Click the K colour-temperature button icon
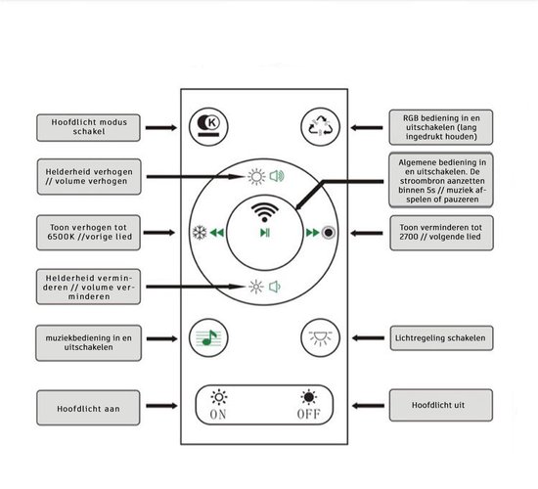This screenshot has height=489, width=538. (x=208, y=127)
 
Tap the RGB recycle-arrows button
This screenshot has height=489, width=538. (x=320, y=126)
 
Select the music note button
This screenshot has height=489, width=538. (x=208, y=338)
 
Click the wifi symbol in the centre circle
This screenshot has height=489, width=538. (x=264, y=212)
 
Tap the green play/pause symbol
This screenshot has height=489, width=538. (x=265, y=233)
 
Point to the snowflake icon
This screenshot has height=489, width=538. (x=200, y=233)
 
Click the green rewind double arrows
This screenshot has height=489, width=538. (x=217, y=233)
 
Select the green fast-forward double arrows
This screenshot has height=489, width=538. (x=313, y=233)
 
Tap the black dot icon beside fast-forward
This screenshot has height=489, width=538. (x=329, y=233)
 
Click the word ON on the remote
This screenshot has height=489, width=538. (x=218, y=415)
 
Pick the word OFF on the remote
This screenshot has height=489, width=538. (x=309, y=415)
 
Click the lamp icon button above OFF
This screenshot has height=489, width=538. (x=320, y=338)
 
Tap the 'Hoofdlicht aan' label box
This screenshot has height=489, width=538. (x=88, y=408)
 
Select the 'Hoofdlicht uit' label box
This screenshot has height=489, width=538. (x=441, y=405)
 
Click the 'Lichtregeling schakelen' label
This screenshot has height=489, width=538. (x=441, y=338)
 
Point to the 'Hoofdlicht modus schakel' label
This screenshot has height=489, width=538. (x=88, y=128)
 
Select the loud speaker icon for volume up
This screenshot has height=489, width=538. (x=277, y=176)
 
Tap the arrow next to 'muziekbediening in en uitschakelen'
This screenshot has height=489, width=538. (x=162, y=338)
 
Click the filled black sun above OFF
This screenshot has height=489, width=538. (x=309, y=397)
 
